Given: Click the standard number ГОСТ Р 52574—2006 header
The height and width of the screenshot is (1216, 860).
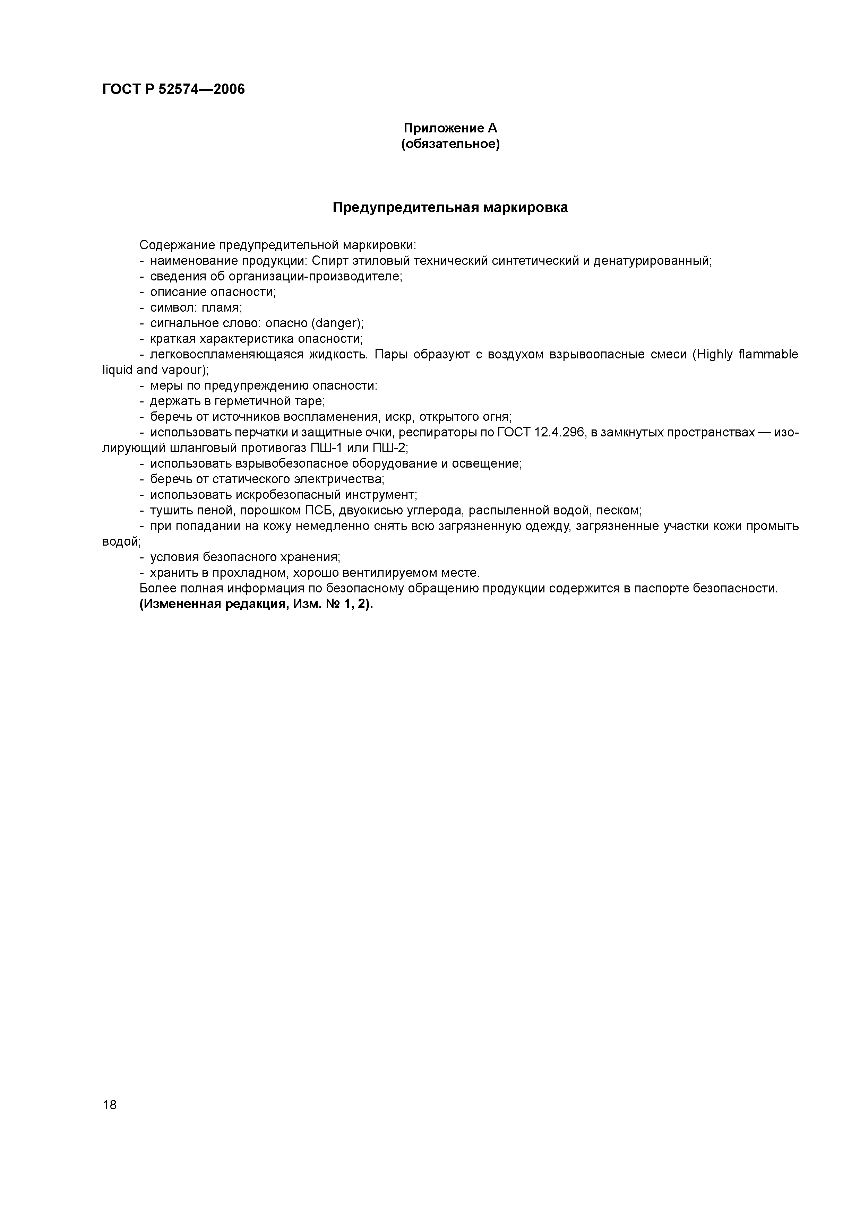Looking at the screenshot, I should tap(173, 89).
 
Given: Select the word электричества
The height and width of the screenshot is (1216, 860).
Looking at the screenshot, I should tap(346, 479).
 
